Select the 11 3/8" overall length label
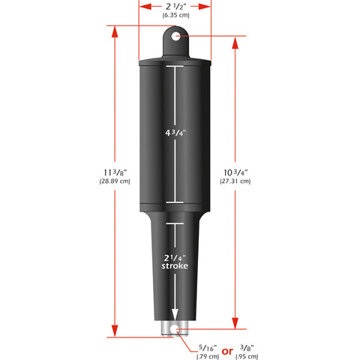[x=114, y=172]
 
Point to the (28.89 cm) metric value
[x=114, y=182]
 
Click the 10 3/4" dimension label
[x=236, y=172]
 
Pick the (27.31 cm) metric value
[x=236, y=182]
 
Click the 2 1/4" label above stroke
[x=174, y=256]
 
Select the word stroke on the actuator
[x=174, y=266]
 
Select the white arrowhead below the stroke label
[x=174, y=316]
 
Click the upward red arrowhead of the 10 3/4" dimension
[x=235, y=42]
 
